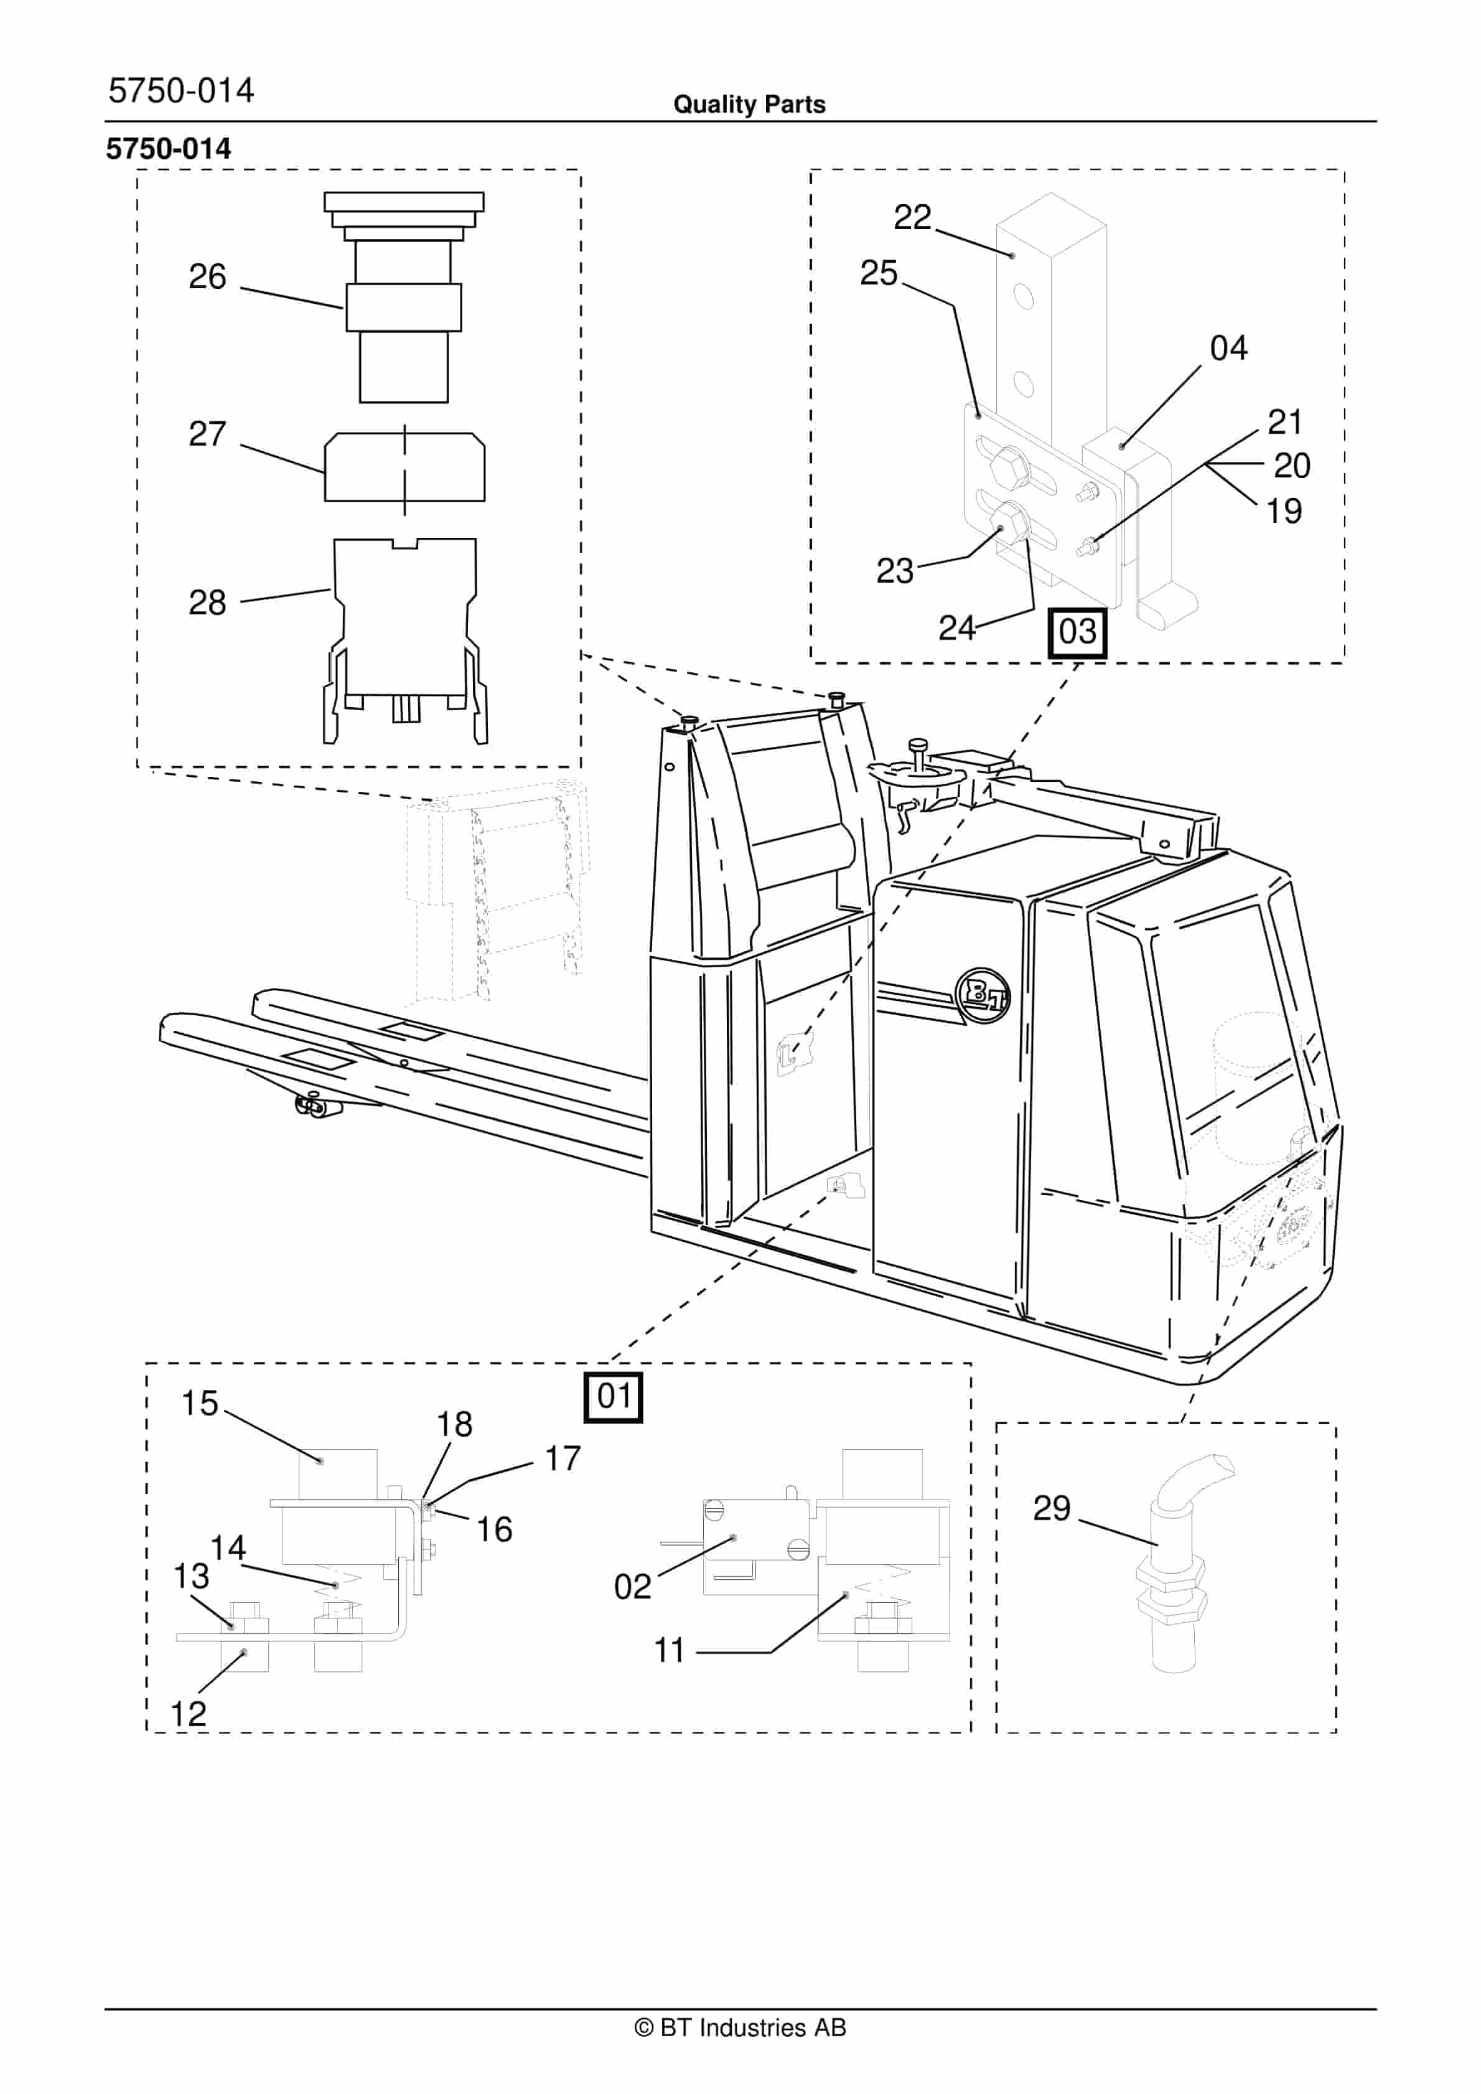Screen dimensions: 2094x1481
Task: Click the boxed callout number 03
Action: (x=1077, y=632)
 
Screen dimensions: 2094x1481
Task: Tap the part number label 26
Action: (x=207, y=276)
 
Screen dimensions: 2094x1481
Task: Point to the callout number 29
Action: (x=1052, y=1508)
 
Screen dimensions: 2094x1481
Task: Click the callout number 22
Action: (x=912, y=217)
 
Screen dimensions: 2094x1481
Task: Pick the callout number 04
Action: (x=1228, y=349)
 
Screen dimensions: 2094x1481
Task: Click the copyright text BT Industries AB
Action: (x=740, y=2027)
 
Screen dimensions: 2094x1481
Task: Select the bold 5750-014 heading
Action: (x=169, y=149)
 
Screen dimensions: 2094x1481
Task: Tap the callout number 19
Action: (x=1283, y=512)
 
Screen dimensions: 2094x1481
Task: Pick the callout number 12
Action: (x=189, y=1714)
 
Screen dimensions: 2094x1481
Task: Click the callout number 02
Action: (x=632, y=1586)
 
